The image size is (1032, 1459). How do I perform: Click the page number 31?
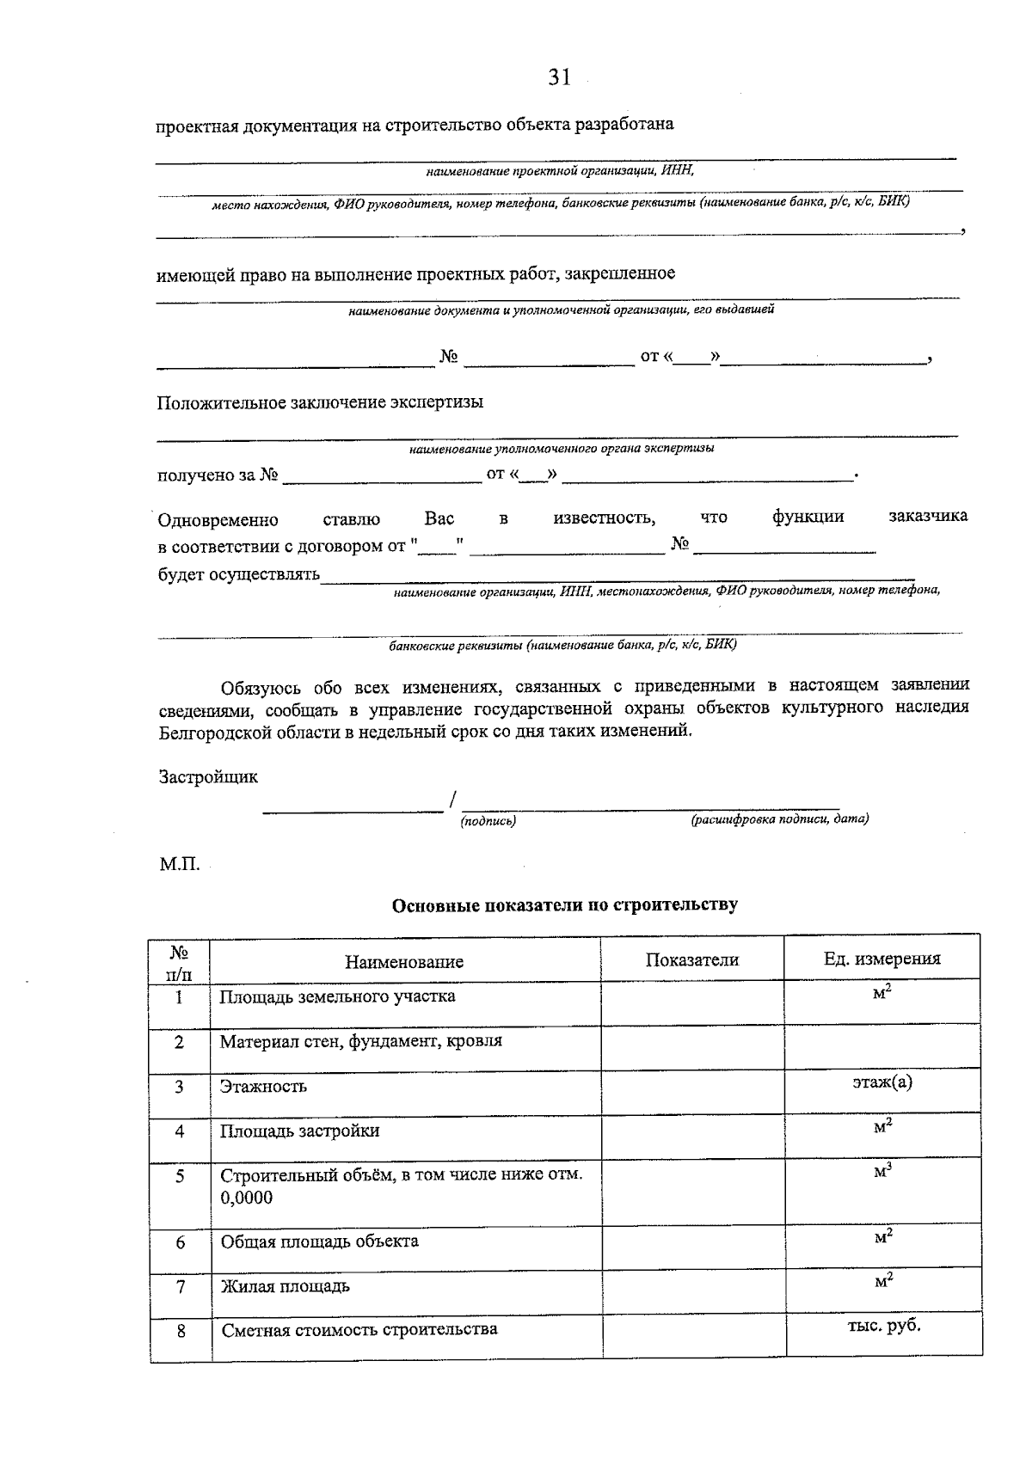coord(559,77)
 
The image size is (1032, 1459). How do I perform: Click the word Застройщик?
coord(208,777)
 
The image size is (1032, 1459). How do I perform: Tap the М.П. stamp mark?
coord(179,864)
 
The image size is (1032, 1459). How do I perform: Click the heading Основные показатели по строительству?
coord(564,904)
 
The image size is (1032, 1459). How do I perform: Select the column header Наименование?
coord(404,961)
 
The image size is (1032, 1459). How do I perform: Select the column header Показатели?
coord(691,959)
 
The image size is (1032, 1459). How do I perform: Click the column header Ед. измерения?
coord(881,959)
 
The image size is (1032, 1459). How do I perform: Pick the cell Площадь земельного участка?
coord(337,996)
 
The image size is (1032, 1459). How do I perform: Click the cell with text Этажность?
coord(263,1086)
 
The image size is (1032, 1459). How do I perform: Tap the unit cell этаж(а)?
coord(882,1082)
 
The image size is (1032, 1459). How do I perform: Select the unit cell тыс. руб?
coord(883,1325)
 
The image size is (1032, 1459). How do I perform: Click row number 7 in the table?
coord(180,1287)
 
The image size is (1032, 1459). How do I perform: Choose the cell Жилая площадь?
coord(285,1287)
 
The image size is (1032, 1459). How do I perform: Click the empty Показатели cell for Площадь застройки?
coord(691,1135)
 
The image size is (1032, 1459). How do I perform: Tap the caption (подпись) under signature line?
coord(488,821)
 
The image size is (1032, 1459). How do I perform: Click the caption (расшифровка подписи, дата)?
coord(779,819)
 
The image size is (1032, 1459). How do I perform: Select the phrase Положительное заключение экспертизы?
coord(319,402)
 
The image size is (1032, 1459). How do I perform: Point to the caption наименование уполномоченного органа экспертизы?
coord(561,448)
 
